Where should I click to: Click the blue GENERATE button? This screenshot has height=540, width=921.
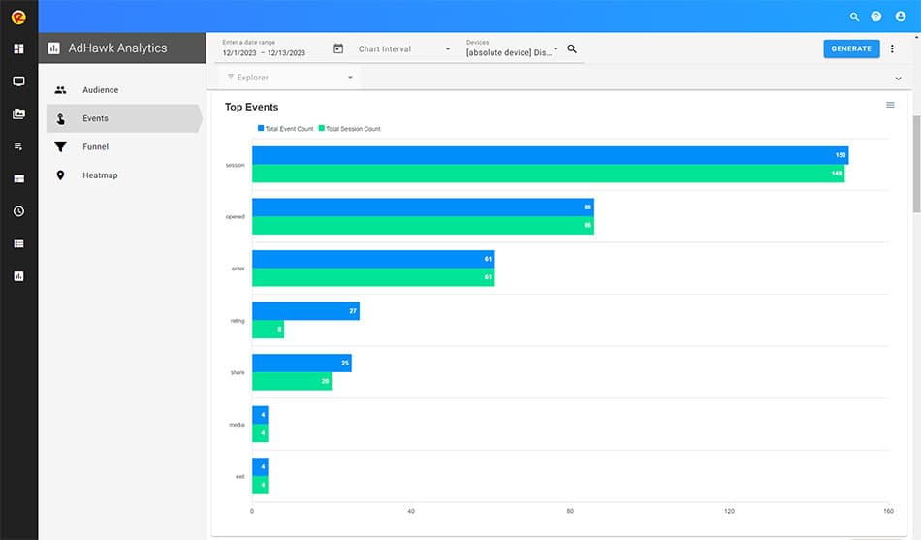tap(851, 48)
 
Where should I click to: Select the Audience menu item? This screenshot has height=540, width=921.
tap(100, 90)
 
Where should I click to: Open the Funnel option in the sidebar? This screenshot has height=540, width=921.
tap(95, 147)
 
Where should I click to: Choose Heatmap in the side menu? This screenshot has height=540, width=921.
tap(100, 175)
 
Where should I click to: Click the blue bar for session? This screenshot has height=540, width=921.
tap(550, 155)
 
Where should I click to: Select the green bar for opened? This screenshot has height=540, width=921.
tap(423, 225)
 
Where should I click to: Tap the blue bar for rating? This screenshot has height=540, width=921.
tap(305, 311)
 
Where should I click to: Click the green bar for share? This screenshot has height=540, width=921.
tap(292, 381)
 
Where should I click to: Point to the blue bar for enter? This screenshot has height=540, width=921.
tap(373, 259)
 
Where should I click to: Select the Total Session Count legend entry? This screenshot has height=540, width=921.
tap(352, 129)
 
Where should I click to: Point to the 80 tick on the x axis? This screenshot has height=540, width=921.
tap(570, 511)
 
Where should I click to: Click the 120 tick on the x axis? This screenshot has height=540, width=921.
tap(729, 511)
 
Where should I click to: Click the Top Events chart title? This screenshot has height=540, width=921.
tap(251, 107)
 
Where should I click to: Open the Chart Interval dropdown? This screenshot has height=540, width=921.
tap(404, 49)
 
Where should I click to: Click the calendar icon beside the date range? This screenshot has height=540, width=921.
tap(338, 48)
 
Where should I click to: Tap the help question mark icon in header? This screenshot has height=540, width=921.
tap(876, 16)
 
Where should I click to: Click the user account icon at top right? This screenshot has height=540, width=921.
tap(900, 16)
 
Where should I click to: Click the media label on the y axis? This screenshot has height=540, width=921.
tap(236, 425)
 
